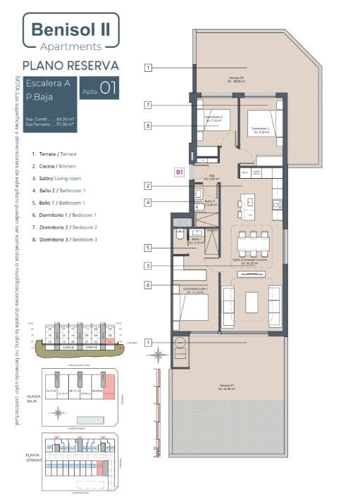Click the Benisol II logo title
[70, 31]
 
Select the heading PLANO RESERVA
[70, 65]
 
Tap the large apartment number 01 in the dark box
[108, 89]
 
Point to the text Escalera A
[49, 83]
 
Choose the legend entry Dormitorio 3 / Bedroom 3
[64, 240]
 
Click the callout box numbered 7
[149, 105]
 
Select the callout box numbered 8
[149, 126]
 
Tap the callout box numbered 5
[149, 248]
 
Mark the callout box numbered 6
[149, 285]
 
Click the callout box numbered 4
[149, 203]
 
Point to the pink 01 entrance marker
[180, 171]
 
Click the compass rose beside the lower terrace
[159, 355]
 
